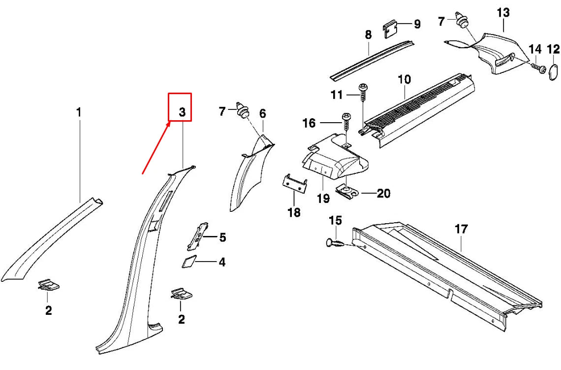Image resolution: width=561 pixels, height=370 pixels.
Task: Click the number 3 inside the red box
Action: tap(182, 112)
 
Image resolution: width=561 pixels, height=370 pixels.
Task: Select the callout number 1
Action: tap(79, 113)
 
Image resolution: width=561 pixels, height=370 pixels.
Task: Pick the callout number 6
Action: tap(263, 114)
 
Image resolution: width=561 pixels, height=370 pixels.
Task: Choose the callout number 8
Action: tap(368, 35)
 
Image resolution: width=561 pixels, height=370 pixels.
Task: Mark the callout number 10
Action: tap(404, 79)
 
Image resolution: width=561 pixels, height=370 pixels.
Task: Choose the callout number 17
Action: tap(461, 229)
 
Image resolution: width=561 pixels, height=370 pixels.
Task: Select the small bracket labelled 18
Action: tap(295, 183)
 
